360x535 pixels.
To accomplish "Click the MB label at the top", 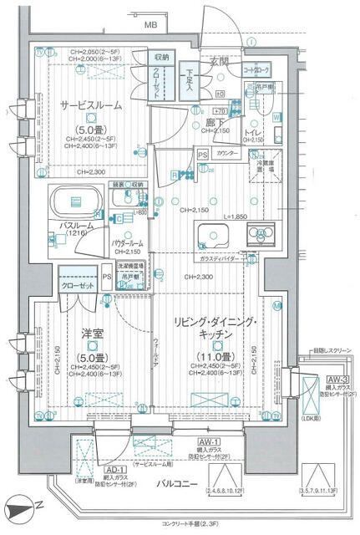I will click(150, 26).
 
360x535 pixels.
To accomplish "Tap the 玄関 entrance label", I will click(219, 61).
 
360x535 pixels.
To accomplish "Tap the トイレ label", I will click(255, 132).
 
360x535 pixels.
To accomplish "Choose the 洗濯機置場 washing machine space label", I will click(131, 267).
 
